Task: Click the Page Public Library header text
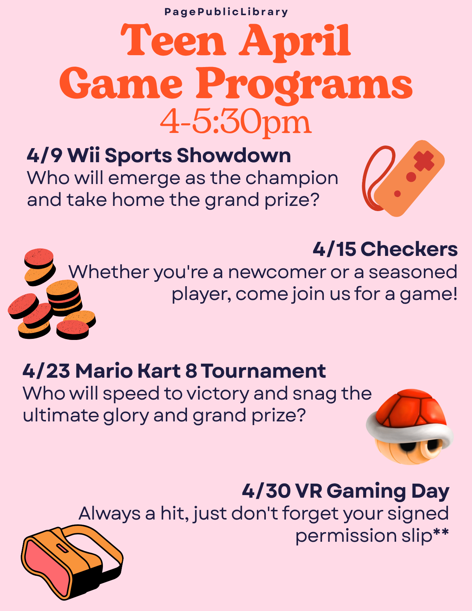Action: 226,12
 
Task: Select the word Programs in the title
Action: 304,84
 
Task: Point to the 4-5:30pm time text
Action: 235,123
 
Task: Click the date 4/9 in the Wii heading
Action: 44,155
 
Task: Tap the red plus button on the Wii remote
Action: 424,161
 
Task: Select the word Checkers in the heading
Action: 409,249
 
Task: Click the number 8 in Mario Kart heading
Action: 191,371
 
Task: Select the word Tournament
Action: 264,371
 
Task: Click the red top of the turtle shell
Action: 410,407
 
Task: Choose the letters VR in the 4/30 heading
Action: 308,491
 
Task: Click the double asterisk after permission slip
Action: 441,532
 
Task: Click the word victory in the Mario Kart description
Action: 218,394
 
